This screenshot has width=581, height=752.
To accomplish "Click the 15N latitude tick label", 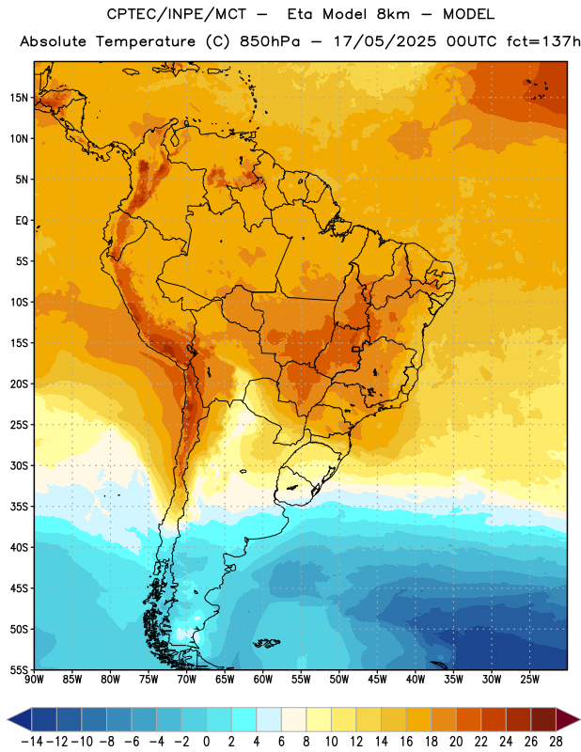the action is (x=19, y=98).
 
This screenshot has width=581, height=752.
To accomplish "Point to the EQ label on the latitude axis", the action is (x=22, y=221).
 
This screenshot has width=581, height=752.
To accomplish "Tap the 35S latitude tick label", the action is (x=19, y=507).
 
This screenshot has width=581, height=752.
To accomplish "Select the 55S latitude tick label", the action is (x=19, y=669).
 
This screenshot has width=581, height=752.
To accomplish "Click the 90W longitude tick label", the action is (x=34, y=680).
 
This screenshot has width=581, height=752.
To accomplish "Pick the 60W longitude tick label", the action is (x=263, y=680).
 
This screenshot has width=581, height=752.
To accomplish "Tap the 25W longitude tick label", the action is (x=529, y=680).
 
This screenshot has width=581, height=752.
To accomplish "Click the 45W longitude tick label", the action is (x=377, y=680).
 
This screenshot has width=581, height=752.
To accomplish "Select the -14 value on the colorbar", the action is (x=32, y=742).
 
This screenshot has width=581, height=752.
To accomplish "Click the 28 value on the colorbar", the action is (x=556, y=742).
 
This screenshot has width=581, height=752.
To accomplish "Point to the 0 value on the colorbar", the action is (x=206, y=742).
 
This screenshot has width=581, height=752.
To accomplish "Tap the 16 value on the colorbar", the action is (x=406, y=742).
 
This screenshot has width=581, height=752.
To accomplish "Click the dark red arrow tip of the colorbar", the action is (x=579, y=720).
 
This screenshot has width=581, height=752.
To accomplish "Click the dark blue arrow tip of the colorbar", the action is (x=8, y=720).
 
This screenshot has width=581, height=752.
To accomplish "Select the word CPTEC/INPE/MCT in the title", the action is (x=177, y=14).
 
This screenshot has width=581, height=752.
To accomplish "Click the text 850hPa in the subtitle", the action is (x=270, y=41).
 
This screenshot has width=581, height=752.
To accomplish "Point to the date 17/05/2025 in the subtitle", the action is (x=385, y=41).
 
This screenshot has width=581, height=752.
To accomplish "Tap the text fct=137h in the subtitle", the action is (x=543, y=41).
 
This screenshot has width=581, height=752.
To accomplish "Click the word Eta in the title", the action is (x=301, y=14).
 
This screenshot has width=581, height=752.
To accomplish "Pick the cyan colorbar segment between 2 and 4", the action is (x=244, y=720).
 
